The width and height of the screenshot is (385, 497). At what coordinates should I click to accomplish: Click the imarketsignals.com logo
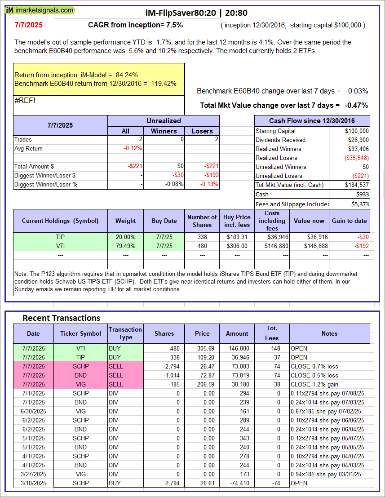(x=40, y=10)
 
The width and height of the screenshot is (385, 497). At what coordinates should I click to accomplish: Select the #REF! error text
(x=25, y=100)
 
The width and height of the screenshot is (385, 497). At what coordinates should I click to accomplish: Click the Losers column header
(x=202, y=131)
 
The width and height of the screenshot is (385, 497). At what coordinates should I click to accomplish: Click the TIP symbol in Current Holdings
(x=61, y=237)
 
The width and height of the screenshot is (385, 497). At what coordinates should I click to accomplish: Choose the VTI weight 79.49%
(x=126, y=246)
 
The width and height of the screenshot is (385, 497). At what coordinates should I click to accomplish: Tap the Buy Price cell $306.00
(x=237, y=246)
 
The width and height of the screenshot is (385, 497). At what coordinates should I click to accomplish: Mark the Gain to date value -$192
(x=360, y=246)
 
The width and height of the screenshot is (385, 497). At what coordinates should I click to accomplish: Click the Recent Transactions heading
(x=62, y=318)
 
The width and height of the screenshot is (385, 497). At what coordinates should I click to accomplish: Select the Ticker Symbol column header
(x=81, y=333)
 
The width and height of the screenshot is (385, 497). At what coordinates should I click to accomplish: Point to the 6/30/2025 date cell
(x=34, y=411)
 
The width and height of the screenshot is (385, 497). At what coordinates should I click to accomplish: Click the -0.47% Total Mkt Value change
(x=356, y=105)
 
